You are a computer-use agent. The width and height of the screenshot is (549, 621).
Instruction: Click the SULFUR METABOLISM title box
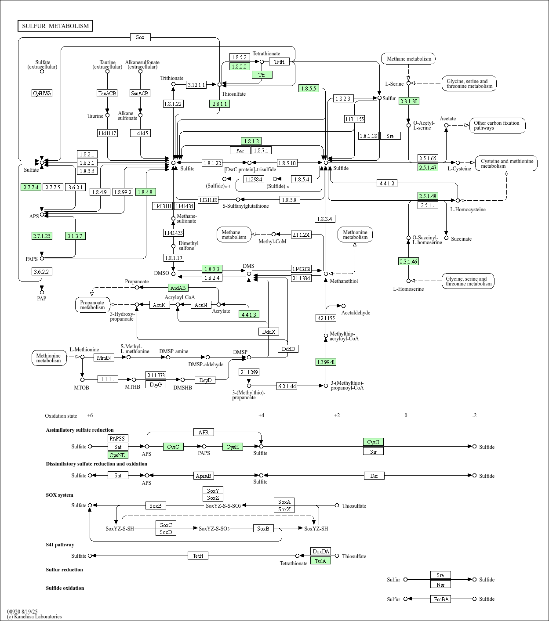coord(55,26)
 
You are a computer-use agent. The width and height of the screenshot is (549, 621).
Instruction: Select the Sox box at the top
coord(140,37)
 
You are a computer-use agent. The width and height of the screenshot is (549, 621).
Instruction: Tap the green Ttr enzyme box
coord(262,75)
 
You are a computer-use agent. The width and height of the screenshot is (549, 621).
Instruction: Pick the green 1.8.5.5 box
coord(309,88)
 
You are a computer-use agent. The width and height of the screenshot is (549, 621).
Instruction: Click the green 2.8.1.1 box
coord(219,104)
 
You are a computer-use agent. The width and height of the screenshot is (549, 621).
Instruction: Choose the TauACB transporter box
coord(107,93)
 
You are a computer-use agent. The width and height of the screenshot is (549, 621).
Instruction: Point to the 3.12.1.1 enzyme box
coord(196,85)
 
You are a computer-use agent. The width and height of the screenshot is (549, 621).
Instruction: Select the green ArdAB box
coord(178,288)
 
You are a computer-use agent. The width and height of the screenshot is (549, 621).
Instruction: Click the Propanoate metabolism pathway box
coord(92,305)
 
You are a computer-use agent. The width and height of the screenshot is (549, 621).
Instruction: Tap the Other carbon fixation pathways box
coord(497,125)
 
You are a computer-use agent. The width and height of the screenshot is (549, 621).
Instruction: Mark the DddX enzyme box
coord(269,332)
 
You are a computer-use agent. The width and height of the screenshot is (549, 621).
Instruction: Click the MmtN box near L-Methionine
coord(104,357)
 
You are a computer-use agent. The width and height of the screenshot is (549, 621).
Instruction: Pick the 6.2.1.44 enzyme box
coord(287,386)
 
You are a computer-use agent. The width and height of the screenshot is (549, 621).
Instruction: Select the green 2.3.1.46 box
coord(408,261)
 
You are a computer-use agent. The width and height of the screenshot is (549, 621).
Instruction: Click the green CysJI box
coord(373,442)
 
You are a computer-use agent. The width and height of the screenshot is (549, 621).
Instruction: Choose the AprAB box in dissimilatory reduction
coord(204,476)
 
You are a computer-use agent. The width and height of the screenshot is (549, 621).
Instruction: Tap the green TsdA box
coord(320,560)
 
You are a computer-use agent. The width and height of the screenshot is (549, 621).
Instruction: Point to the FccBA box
coord(440,599)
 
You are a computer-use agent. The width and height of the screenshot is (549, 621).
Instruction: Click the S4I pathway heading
coord(60,545)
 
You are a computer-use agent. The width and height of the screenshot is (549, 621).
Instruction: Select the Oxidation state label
coord(61,415)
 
